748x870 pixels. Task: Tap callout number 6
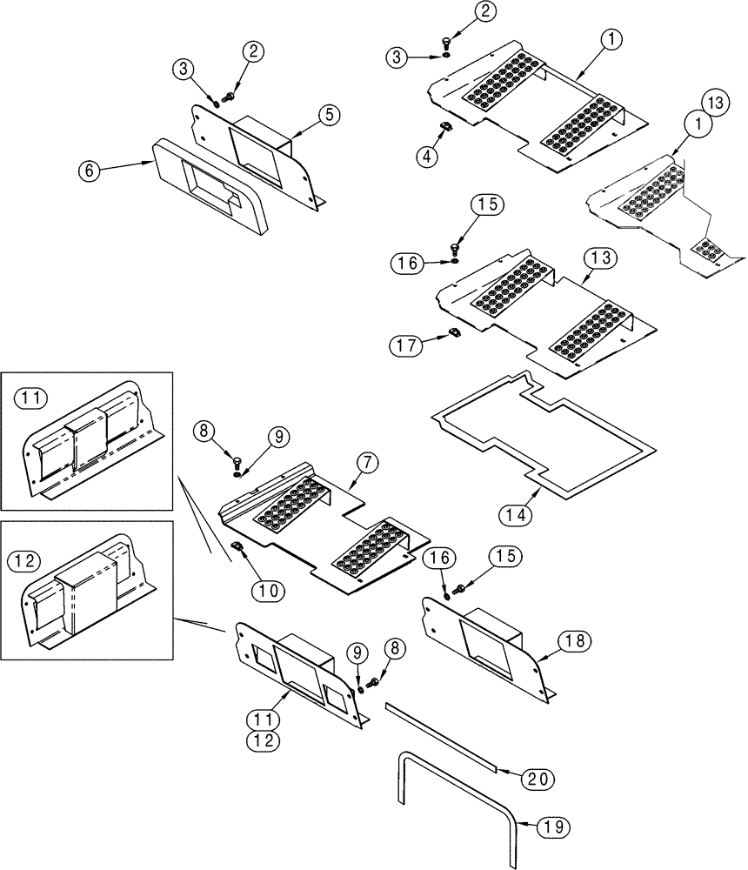[x=89, y=171]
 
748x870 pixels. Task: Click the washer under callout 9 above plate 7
[x=237, y=472]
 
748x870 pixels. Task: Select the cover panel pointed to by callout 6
[x=209, y=187]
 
